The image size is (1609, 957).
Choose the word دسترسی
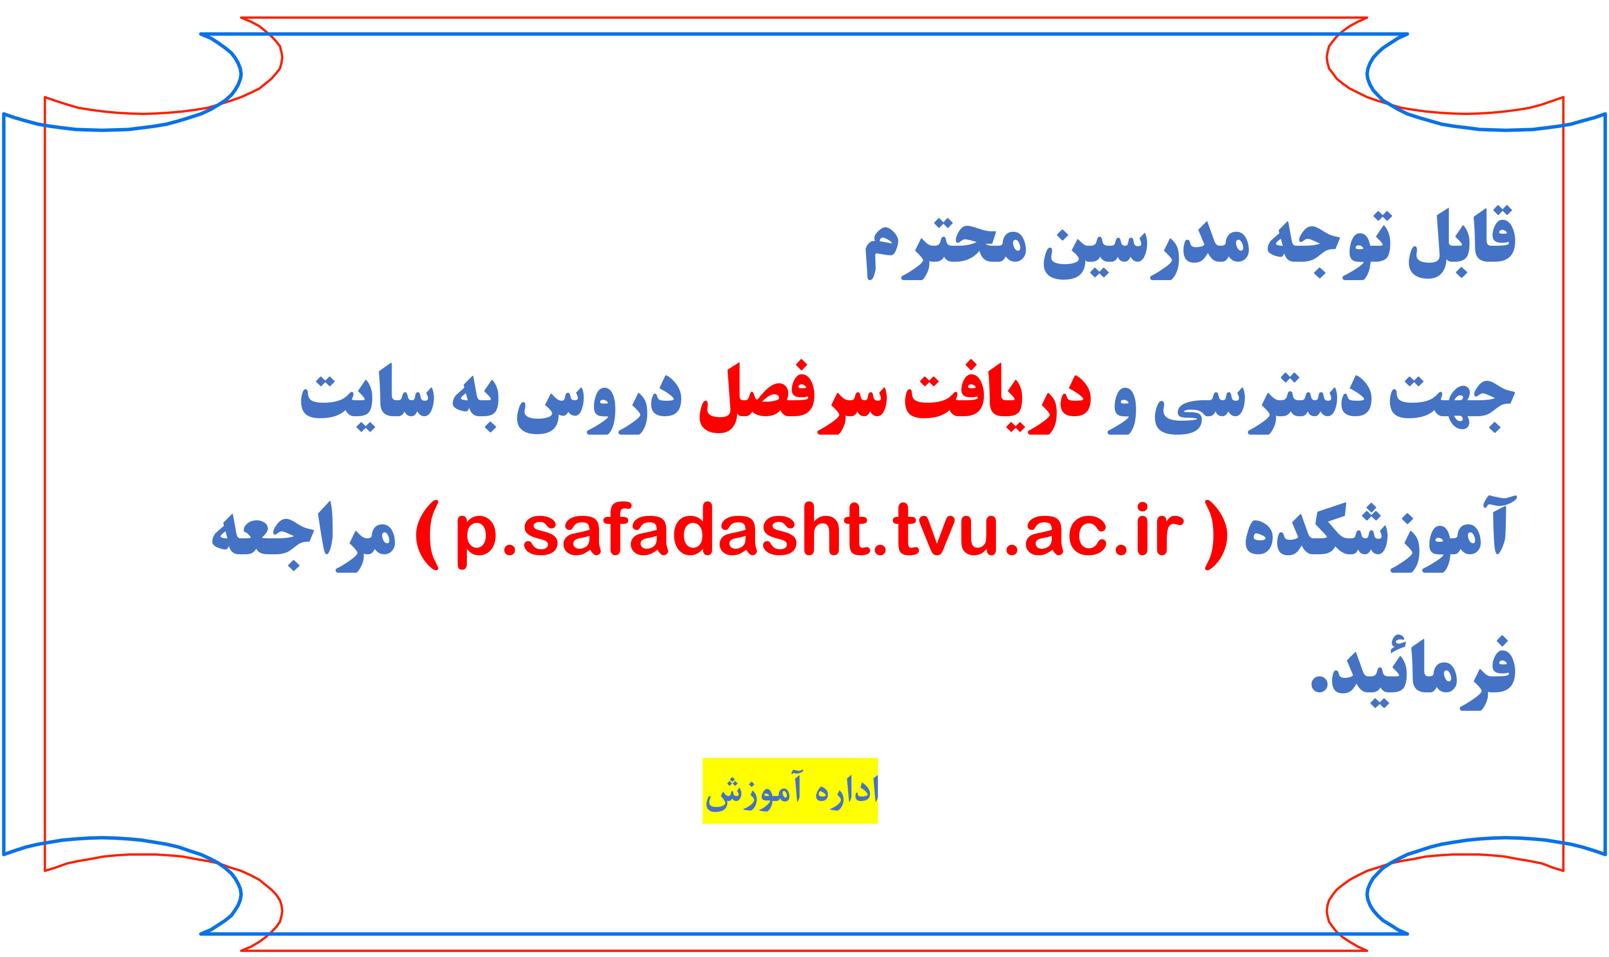[1263, 404]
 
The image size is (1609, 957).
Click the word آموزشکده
[1380, 534]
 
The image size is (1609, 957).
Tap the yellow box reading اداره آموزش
[790, 791]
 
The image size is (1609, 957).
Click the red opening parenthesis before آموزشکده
[1216, 535]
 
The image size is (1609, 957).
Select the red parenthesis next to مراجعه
[427, 535]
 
